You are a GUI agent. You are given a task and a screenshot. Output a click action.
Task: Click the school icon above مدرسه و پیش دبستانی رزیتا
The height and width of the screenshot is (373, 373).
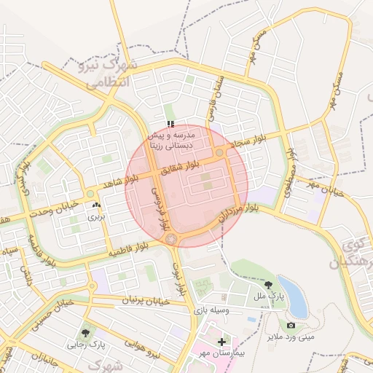tap(170, 125)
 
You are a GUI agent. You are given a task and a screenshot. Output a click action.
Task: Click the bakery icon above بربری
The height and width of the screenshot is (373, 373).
tap(97, 206)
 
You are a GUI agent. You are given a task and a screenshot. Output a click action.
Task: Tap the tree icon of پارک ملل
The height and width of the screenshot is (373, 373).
tap(270, 286)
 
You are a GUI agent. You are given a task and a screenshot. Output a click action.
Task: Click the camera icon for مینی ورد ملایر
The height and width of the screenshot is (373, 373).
tap(291, 325)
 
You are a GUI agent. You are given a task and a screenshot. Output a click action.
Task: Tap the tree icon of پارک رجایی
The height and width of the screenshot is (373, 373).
tap(87, 333)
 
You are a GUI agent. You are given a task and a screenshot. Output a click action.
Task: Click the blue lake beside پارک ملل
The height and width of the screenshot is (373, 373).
tap(293, 295)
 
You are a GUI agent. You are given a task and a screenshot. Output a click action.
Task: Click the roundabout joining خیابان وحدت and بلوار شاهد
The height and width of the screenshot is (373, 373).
tap(90, 194)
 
